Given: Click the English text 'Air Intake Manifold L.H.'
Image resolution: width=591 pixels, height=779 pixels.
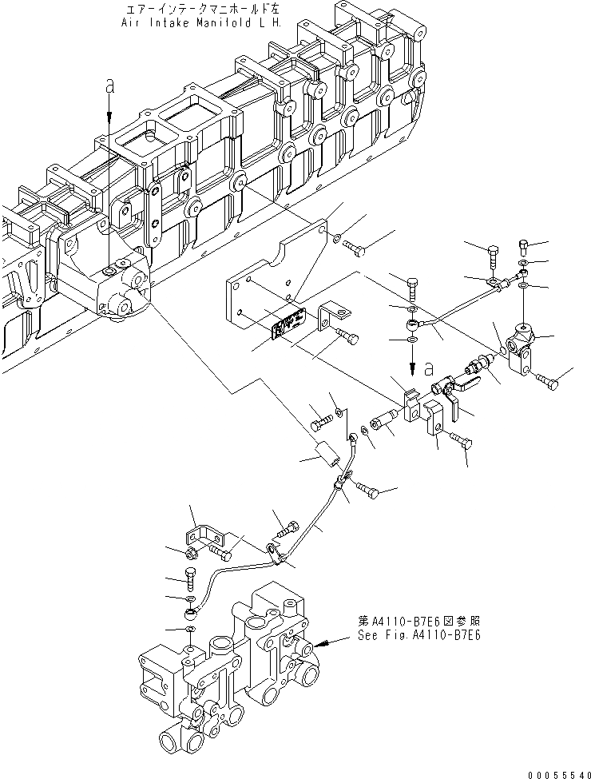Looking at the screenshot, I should click(204, 23).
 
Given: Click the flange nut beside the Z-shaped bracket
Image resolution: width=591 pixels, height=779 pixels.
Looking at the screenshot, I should click(192, 550).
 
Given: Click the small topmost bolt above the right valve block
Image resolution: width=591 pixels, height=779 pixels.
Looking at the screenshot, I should click(525, 245).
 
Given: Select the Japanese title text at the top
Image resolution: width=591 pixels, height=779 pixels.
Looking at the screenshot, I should click(204, 10).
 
